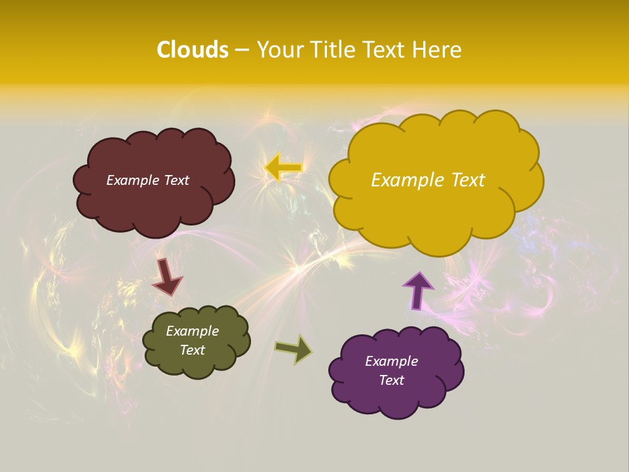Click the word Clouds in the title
(x=193, y=50)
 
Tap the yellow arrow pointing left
(x=283, y=168)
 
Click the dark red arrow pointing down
(x=166, y=276)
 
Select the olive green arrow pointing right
(x=294, y=349)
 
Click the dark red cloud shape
(x=155, y=203)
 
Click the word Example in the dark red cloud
(x=131, y=180)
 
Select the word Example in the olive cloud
(x=192, y=331)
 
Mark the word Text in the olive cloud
(x=192, y=350)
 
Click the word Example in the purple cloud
(x=391, y=361)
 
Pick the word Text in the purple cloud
(x=391, y=380)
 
